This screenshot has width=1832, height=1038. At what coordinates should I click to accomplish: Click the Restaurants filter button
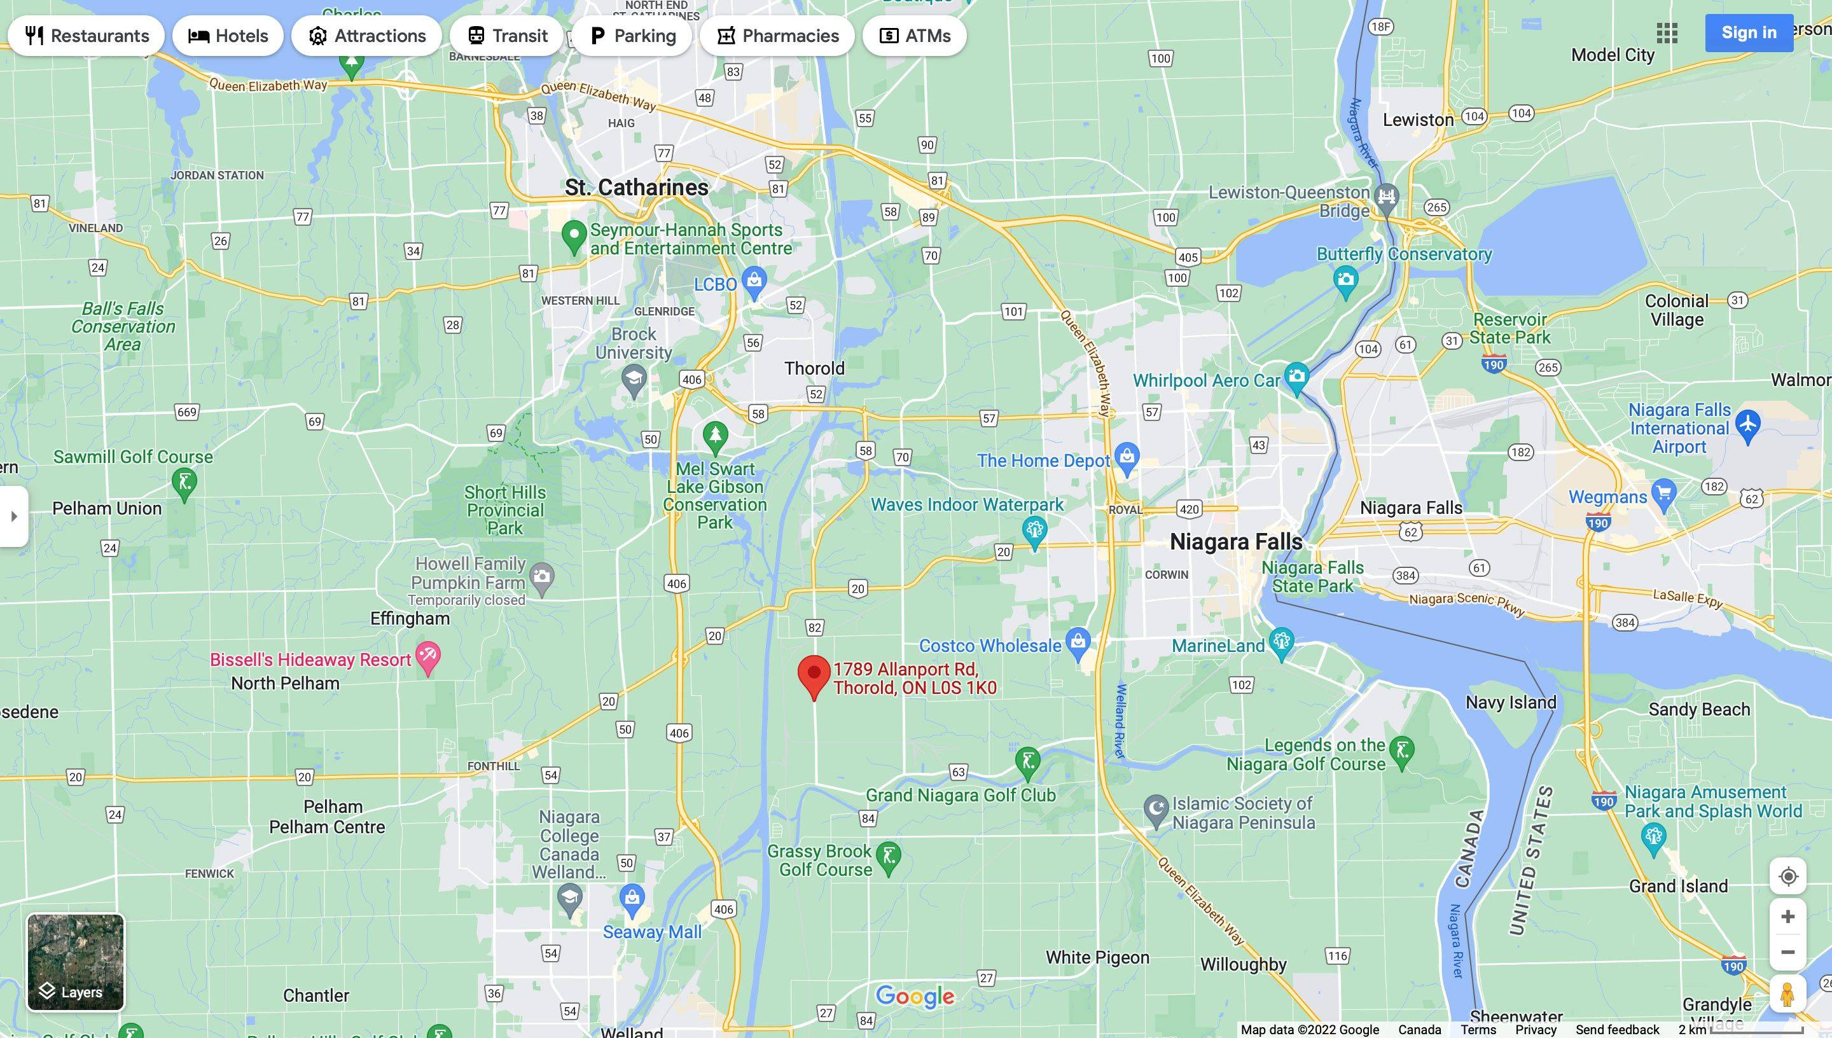87,36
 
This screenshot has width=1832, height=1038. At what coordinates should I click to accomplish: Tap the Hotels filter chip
228,36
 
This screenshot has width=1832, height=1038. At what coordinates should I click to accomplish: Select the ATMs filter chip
915,36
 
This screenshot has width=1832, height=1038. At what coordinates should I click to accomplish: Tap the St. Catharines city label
637,188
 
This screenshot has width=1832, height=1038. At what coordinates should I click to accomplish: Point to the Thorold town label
814,368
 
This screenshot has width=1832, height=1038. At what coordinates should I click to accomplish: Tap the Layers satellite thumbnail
76,962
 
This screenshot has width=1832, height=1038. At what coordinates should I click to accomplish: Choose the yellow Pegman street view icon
1787,995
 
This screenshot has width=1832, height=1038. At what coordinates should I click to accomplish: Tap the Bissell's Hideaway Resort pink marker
427,656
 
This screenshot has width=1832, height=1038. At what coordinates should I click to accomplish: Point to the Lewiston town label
1418,120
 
